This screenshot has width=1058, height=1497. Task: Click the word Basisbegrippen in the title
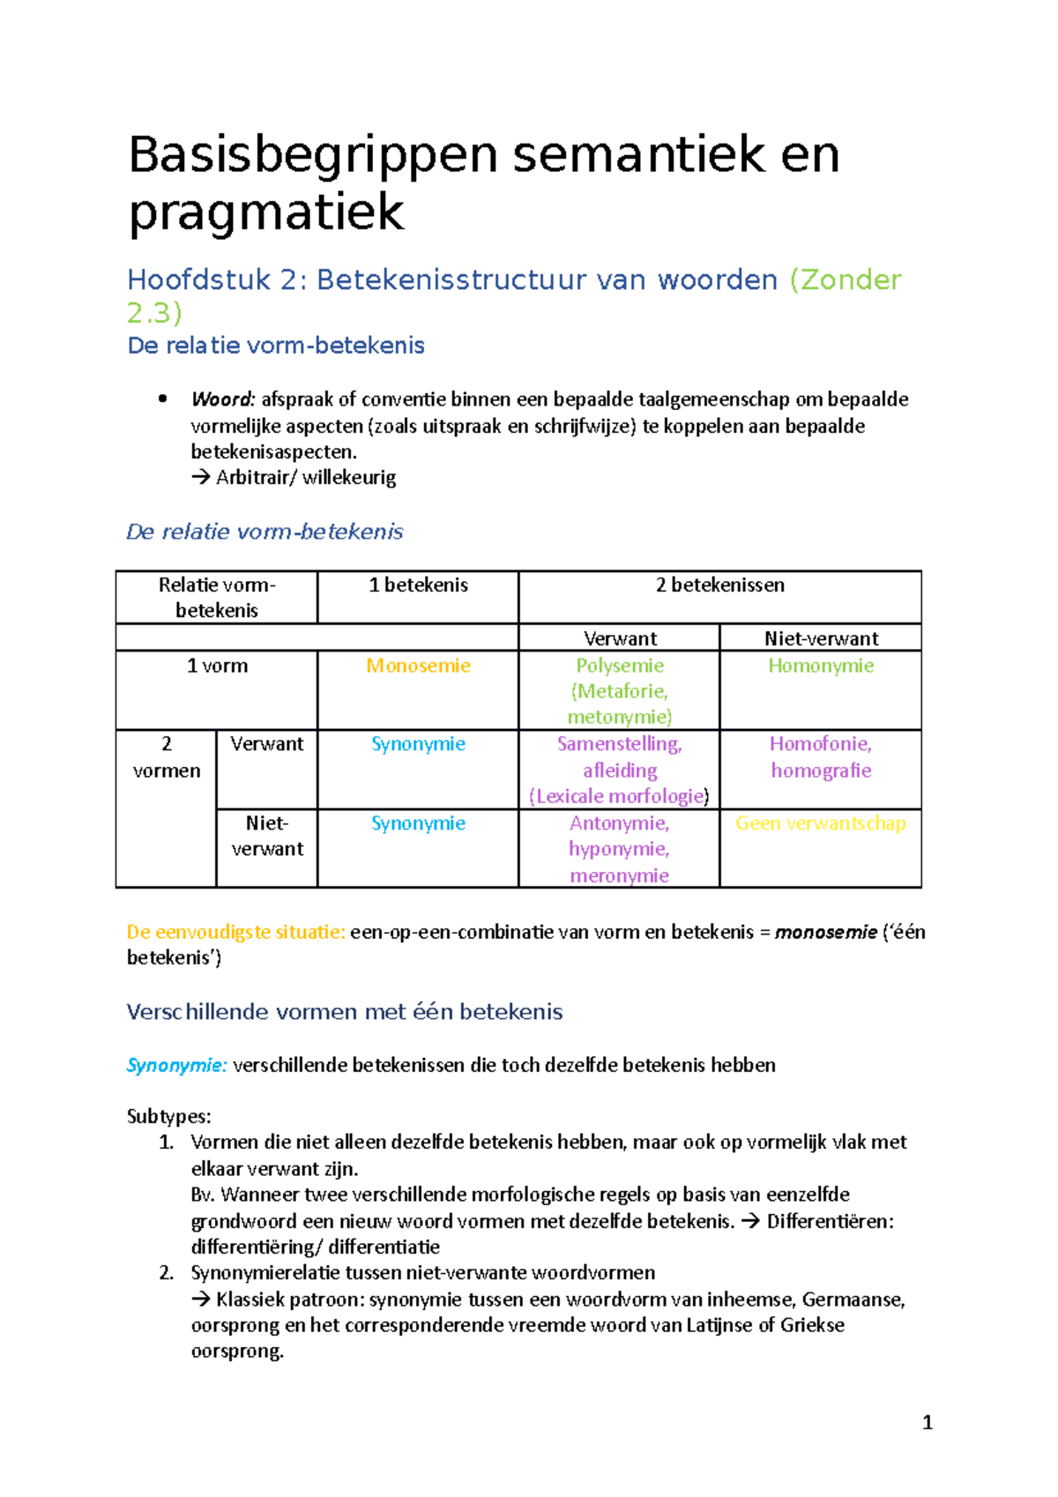coord(313,156)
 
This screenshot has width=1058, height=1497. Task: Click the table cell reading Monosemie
coord(418,667)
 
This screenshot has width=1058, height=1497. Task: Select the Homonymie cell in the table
coord(820,667)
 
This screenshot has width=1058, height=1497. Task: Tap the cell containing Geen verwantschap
coord(820,823)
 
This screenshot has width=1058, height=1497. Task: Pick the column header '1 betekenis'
coord(418,585)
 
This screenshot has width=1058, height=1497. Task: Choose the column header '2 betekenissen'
coord(719,585)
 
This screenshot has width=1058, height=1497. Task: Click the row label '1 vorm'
coord(217,667)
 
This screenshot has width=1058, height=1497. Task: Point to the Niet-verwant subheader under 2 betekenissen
coord(820,638)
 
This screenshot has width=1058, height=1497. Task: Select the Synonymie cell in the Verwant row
coord(418,744)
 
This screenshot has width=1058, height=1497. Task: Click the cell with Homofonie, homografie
coord(820,757)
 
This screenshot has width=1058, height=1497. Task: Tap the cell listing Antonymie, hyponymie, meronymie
coord(619,849)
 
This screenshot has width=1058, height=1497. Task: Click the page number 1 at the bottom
coord(927,1422)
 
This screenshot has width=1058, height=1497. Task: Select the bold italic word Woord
coord(222,399)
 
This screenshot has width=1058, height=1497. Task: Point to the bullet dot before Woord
coord(162,398)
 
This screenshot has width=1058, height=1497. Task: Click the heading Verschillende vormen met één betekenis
coord(344,1012)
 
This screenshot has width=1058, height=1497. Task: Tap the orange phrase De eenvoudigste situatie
coord(235,932)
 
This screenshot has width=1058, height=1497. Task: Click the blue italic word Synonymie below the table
coord(176,1065)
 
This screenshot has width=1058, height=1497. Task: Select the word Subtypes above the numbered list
coord(168,1116)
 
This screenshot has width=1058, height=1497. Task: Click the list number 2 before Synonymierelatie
coord(166,1273)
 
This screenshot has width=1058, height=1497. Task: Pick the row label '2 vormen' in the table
coord(166,757)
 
